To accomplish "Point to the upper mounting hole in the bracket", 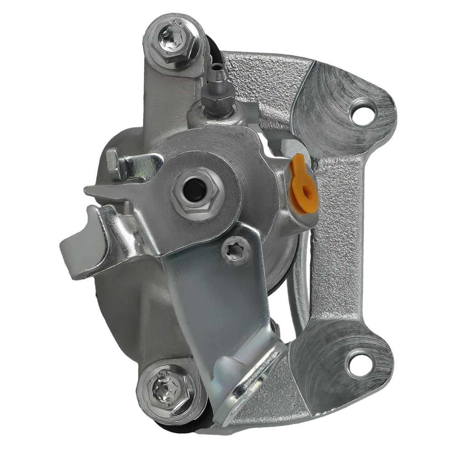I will click(x=363, y=114).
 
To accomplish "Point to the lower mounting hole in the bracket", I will click(x=360, y=363).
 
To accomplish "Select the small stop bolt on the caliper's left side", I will click(x=114, y=164).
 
